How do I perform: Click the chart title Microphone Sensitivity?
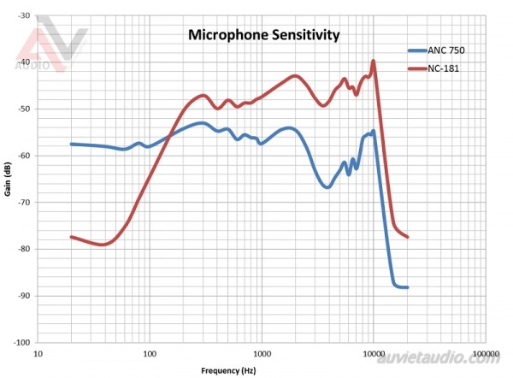(x=264, y=36)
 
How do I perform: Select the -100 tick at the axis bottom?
(x=21, y=342)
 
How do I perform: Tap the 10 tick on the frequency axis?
(x=37, y=352)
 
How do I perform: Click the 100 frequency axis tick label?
(x=150, y=352)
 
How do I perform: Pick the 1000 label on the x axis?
(x=262, y=352)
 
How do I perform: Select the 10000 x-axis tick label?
(x=374, y=352)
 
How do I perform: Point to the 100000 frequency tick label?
(x=485, y=352)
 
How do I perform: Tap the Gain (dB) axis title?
(x=7, y=180)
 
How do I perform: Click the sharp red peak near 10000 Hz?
(x=374, y=61)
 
